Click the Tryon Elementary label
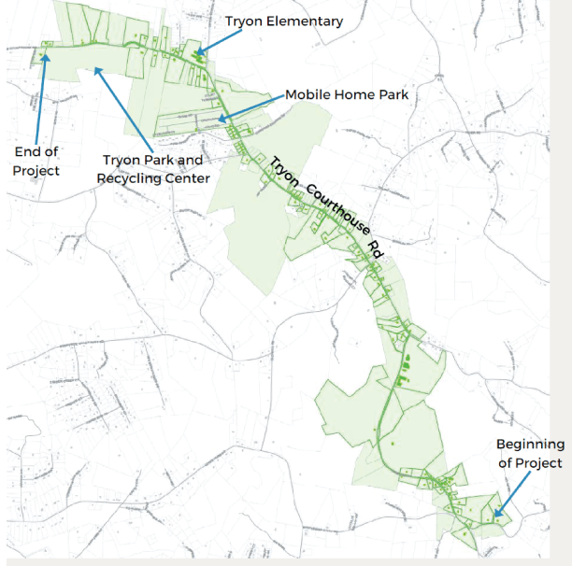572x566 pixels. pyautogui.click(x=284, y=21)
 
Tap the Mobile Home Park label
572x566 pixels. pyautogui.click(x=347, y=94)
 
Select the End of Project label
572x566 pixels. pyautogui.click(x=36, y=161)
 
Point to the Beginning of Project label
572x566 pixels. pyautogui.click(x=530, y=453)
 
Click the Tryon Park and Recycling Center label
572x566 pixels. pyautogui.click(x=153, y=168)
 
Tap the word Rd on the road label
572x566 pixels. pyautogui.click(x=378, y=248)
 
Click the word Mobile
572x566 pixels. pyautogui.click(x=307, y=94)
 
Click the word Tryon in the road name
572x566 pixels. pyautogui.click(x=284, y=170)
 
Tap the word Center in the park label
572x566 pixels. pyautogui.click(x=187, y=177)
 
